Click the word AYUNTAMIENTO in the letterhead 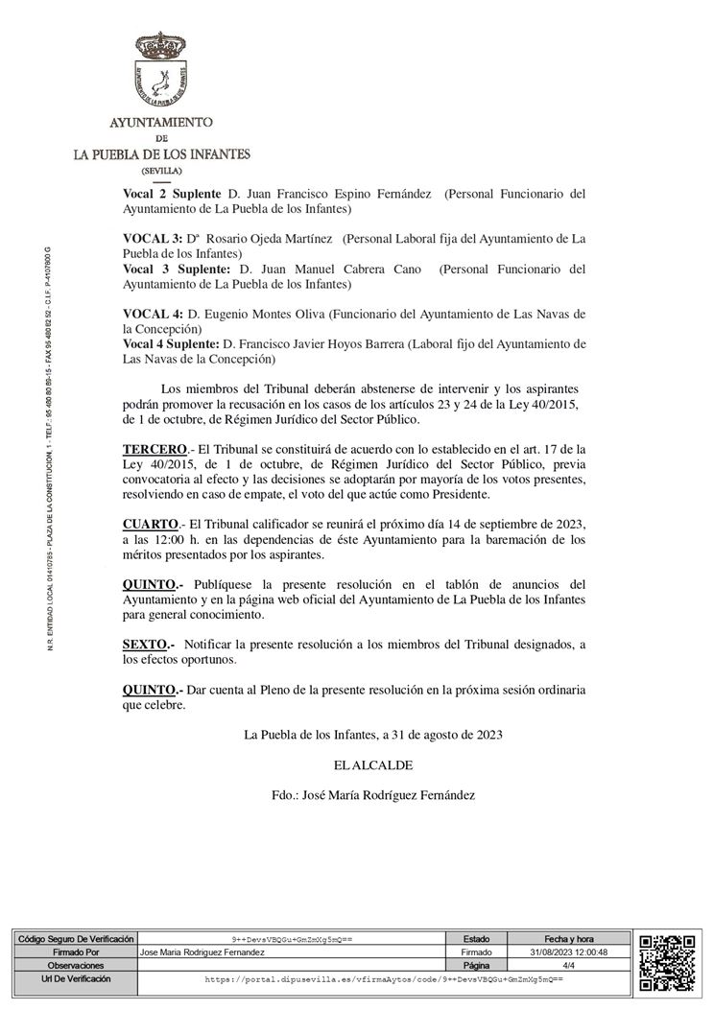pyautogui.click(x=161, y=123)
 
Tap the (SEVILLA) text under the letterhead pyautogui.click(x=161, y=170)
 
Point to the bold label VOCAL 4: pyautogui.click(x=153, y=315)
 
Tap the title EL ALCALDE pyautogui.click(x=373, y=765)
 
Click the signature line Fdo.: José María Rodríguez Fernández pyautogui.click(x=373, y=795)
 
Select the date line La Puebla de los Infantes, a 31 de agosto pyautogui.click(x=373, y=736)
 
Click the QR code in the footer pyautogui.click(x=667, y=962)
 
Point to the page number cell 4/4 pyautogui.click(x=568, y=965)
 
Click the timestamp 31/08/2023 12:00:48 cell pyautogui.click(x=568, y=951)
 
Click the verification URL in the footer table pyautogui.click(x=384, y=979)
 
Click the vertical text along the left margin pyautogui.click(x=49, y=451)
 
